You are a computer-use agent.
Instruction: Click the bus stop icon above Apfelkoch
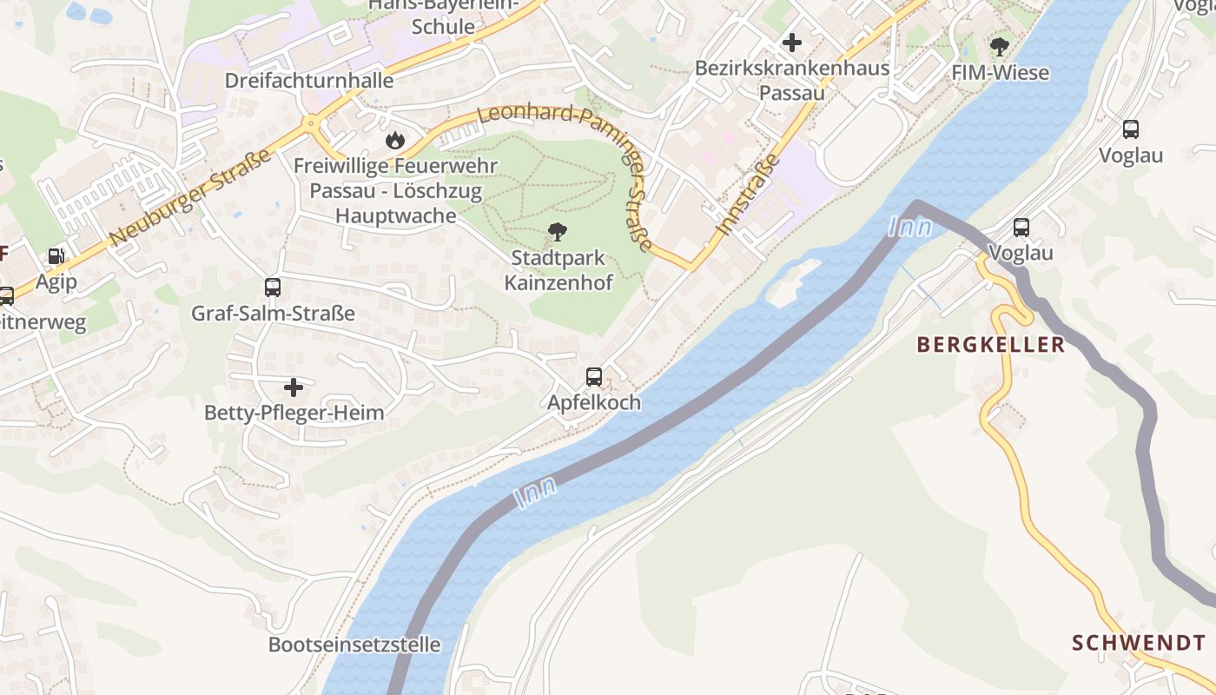click(x=594, y=377)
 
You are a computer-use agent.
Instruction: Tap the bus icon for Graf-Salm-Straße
click(x=273, y=288)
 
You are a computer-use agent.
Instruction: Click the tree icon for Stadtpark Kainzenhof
click(x=558, y=232)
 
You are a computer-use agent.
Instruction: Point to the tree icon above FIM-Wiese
click(x=1000, y=46)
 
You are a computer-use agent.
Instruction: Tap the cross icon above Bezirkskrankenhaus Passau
click(x=791, y=42)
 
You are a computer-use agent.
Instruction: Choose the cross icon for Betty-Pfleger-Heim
click(x=294, y=387)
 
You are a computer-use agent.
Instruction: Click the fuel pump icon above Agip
click(x=56, y=256)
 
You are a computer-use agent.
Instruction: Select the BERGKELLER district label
click(x=990, y=345)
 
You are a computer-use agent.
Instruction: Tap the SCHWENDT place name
click(x=1138, y=643)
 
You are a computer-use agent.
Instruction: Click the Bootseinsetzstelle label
click(x=354, y=645)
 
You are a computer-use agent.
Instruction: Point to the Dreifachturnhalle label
click(x=309, y=81)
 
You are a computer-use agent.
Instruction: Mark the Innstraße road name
click(x=749, y=196)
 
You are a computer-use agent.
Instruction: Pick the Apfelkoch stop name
click(x=594, y=402)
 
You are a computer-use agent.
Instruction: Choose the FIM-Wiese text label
click(x=1000, y=73)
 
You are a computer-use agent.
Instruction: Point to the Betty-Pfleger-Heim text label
click(x=294, y=413)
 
